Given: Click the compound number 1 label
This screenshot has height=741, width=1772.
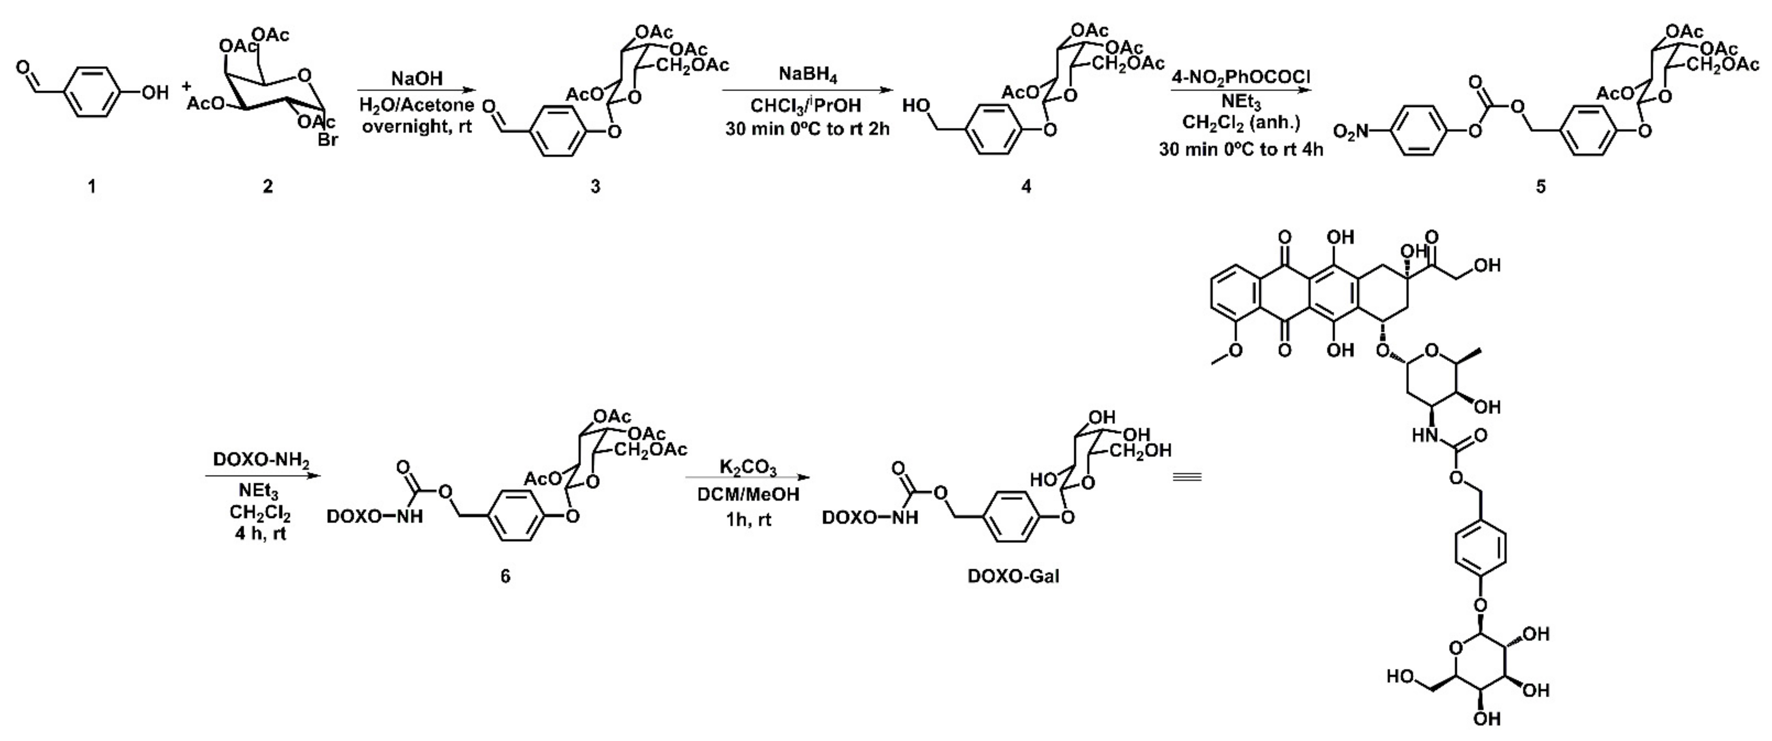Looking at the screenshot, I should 91,186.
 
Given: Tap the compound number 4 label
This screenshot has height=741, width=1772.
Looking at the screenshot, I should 1026,186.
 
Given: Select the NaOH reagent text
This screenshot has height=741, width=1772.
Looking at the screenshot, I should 417,79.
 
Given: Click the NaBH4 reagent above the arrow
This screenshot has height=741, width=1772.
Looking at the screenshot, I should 808,75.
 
